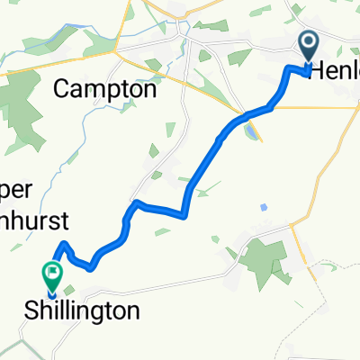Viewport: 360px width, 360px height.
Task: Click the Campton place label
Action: (x=105, y=89)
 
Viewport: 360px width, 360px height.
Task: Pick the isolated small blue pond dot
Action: (x=263, y=207)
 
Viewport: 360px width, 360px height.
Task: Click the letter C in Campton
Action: (x=63, y=89)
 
